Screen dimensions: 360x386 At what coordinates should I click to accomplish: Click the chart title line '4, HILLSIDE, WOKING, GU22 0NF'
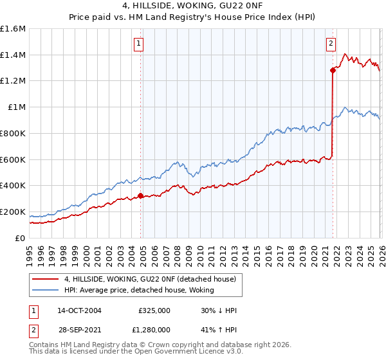193,6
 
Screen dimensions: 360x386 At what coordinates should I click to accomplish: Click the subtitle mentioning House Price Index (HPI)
193,17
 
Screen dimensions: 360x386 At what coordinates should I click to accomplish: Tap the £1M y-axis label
17,107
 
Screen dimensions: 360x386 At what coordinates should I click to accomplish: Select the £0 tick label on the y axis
21,238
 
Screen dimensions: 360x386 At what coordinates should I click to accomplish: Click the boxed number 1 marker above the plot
139,44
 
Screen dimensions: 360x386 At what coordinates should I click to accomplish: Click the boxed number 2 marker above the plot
331,44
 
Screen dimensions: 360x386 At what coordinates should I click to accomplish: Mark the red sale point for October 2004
141,195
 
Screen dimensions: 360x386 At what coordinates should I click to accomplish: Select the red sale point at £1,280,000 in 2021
333,70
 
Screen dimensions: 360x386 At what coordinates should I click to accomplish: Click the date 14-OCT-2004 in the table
80,310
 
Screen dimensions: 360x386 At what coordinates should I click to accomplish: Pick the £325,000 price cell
154,310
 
